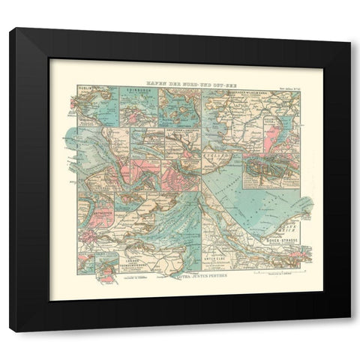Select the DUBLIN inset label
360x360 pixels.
pos(85,93)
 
